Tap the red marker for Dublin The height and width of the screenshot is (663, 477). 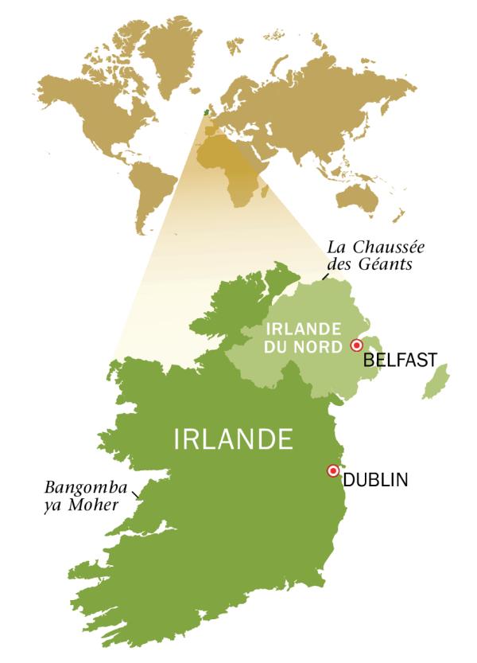tap(333, 470)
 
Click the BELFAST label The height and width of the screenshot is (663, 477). tap(399, 361)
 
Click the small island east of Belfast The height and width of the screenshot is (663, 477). tap(434, 384)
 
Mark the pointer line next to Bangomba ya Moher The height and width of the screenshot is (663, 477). tap(138, 495)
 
